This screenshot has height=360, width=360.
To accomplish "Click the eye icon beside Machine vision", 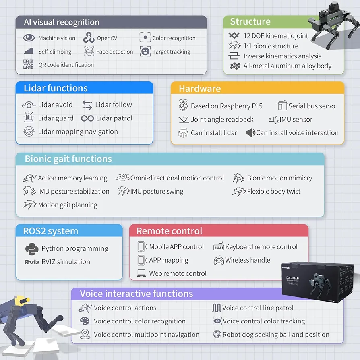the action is pyautogui.click(x=29, y=38).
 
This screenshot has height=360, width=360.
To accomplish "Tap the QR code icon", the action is pyautogui.click(x=28, y=64).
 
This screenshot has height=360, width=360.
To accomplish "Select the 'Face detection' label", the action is pyautogui.click(x=115, y=52).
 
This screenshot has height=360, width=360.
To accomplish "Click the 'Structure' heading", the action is pyautogui.click(x=250, y=22).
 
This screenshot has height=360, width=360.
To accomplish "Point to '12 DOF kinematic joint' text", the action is pyautogui.click(x=276, y=36).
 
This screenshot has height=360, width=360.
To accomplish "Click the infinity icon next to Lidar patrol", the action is pyautogui.click(x=87, y=118).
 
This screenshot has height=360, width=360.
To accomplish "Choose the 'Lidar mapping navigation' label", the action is pyautogui.click(x=78, y=132).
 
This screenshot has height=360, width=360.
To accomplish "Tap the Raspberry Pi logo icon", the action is pyautogui.click(x=183, y=106).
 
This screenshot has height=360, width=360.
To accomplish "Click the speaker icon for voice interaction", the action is pyautogui.click(x=251, y=133).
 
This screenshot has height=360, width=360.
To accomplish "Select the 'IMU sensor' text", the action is pyautogui.click(x=296, y=120).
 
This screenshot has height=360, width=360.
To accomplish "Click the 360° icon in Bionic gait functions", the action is pyautogui.click(x=123, y=177).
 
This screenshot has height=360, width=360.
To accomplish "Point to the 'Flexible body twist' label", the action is pyautogui.click(x=274, y=192).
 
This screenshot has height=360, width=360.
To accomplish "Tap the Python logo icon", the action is pyautogui.click(x=32, y=249).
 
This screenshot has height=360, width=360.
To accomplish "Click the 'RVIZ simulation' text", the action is pyautogui.click(x=66, y=262).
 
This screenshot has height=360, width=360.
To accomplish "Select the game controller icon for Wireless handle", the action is pyautogui.click(x=219, y=261).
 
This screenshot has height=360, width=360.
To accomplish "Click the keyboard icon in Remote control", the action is pyautogui.click(x=219, y=246).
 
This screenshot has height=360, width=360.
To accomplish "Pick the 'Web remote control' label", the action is pyautogui.click(x=178, y=274).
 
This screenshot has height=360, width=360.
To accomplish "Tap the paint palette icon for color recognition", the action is pyautogui.click(x=85, y=321).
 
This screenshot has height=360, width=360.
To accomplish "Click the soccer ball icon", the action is pyautogui.click(x=217, y=334).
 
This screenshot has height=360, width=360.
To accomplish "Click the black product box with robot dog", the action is pyautogui.click(x=317, y=281).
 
